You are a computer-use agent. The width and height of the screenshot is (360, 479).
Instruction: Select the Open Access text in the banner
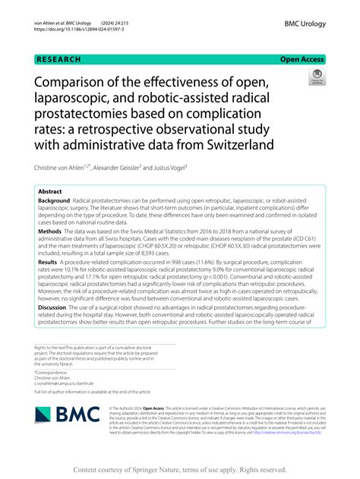coord(302,59)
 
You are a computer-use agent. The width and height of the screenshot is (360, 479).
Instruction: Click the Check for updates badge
coord(314,78)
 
